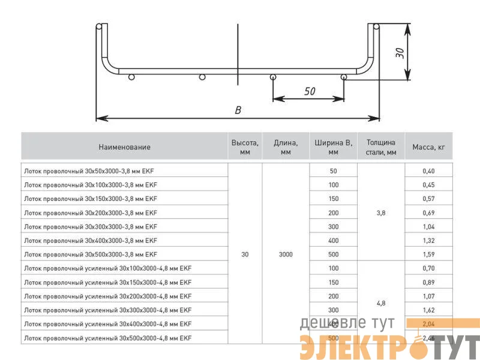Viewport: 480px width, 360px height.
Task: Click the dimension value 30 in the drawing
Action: [x=400, y=52]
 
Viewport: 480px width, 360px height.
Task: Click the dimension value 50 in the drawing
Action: [x=310, y=92]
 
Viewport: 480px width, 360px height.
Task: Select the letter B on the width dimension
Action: [x=238, y=110]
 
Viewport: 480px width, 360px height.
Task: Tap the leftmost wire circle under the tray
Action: [x=131, y=77]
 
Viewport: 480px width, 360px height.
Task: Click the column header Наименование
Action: [x=125, y=147]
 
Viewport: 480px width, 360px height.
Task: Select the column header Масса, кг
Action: [x=428, y=147]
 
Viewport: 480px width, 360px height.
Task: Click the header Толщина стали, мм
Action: [x=381, y=147]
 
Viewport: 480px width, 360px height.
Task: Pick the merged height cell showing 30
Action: [x=245, y=254]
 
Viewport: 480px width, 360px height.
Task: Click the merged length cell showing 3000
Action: [x=286, y=254]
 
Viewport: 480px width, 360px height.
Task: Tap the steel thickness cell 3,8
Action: [x=381, y=212]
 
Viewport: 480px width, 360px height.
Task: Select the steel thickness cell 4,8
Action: [x=381, y=303]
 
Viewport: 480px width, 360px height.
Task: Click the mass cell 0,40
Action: [x=428, y=171]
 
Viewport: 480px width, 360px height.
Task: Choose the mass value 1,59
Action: [x=428, y=254]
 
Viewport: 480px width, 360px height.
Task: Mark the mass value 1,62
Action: [x=428, y=310]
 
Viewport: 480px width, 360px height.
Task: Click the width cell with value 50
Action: [x=334, y=171]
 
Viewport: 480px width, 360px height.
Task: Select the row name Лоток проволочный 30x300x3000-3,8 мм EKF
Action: [x=91, y=227]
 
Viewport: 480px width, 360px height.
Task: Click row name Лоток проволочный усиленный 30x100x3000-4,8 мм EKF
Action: [x=107, y=268]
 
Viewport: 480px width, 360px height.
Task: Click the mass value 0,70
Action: [x=428, y=268]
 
